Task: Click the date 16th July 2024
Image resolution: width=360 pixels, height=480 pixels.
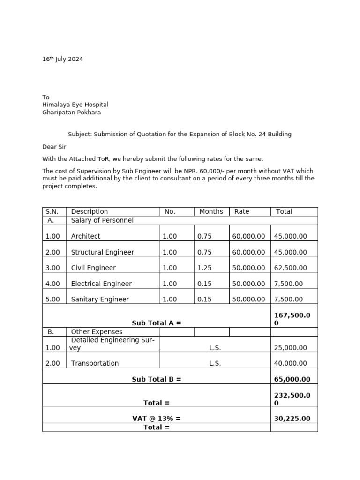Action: pyautogui.click(x=63, y=60)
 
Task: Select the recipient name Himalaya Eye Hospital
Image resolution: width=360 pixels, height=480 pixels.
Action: pyautogui.click(x=75, y=105)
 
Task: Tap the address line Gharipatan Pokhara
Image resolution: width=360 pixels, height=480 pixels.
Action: pyautogui.click(x=72, y=112)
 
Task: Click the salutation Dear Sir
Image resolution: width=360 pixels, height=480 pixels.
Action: pyautogui.click(x=54, y=147)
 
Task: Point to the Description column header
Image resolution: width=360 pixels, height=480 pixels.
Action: pyautogui.click(x=90, y=212)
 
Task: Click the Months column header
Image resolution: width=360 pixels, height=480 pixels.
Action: pyautogui.click(x=211, y=212)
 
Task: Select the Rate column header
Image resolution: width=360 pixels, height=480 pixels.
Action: pyautogui.click(x=242, y=212)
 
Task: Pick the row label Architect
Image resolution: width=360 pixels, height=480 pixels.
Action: pyautogui.click(x=86, y=237)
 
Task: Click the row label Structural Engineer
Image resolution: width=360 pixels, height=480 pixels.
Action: pyautogui.click(x=103, y=252)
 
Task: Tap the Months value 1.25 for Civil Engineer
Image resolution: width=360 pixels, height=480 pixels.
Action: pyautogui.click(x=205, y=268)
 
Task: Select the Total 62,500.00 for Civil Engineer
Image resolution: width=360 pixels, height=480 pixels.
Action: pyautogui.click(x=291, y=268)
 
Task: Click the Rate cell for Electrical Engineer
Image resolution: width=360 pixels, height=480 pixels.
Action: pyautogui.click(x=248, y=284)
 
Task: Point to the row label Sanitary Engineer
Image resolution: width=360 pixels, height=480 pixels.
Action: pyautogui.click(x=100, y=300)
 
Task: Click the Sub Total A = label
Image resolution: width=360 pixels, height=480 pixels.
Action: pyautogui.click(x=157, y=323)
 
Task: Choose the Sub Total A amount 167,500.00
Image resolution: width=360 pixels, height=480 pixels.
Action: pyautogui.click(x=292, y=319)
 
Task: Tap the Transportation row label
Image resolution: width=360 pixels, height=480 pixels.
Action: pyautogui.click(x=95, y=363)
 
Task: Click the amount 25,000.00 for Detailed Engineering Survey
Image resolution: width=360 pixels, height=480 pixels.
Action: pyautogui.click(x=291, y=348)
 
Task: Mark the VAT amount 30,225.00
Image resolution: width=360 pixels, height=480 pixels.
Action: pyautogui.click(x=292, y=419)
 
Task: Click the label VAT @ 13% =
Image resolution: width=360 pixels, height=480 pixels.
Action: pyautogui.click(x=157, y=419)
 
